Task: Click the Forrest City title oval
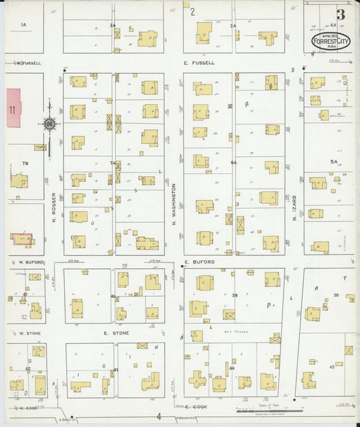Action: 331,41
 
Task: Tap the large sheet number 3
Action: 340,14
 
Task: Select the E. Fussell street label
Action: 199,63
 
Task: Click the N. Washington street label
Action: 174,203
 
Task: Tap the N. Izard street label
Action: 294,207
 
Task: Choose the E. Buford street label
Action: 199,261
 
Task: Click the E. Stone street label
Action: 116,333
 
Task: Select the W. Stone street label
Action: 30,333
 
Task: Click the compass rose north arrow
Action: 49,124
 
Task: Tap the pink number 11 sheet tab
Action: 13,109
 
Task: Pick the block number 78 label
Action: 25,164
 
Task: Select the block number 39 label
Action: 235,295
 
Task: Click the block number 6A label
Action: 234,163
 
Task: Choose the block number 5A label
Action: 333,162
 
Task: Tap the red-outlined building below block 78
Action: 22,239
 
